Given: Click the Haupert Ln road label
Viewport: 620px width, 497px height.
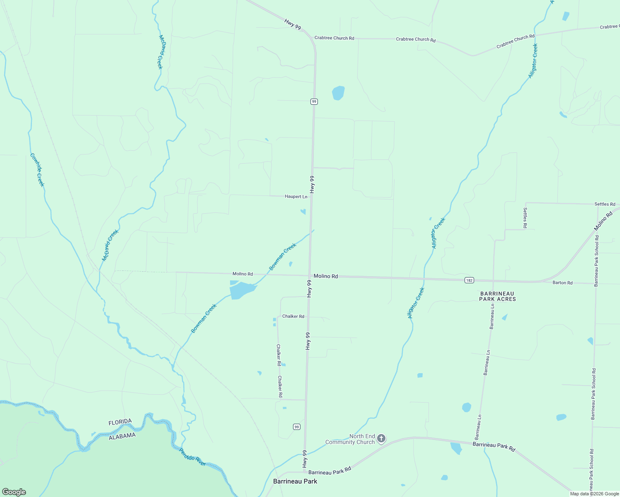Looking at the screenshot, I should pos(296,196).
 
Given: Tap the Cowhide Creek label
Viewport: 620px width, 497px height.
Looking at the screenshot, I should pos(37,170).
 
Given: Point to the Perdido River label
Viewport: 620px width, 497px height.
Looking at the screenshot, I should pos(192,457).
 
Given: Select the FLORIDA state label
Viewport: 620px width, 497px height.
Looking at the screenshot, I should pos(120,422).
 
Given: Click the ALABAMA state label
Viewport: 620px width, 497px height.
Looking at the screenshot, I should pos(122,436).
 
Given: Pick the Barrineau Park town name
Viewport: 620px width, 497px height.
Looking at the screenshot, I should pos(295,481).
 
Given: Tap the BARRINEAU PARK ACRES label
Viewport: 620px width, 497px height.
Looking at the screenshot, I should pos(497,296).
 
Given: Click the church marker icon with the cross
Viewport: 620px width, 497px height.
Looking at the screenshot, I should pos(381,438).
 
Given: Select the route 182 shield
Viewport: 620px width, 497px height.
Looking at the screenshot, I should pos(469,280).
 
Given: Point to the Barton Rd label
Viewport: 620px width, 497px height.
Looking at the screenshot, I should pos(562,283).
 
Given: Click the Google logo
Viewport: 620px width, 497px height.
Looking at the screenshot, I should pos(14,492).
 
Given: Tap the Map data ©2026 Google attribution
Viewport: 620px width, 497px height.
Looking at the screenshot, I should pos(594,494).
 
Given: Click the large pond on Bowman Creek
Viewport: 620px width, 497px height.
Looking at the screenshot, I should pos(242,290).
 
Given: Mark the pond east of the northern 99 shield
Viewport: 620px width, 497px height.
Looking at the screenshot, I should pos(338,93).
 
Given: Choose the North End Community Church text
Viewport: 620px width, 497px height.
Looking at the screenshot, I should pos(350,439).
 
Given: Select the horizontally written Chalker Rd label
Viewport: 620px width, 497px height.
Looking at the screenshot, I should pos(293,316).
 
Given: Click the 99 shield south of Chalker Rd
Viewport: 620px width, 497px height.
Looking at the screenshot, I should pos(296,427).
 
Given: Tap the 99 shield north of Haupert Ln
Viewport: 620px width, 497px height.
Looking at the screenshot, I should pos(314,101).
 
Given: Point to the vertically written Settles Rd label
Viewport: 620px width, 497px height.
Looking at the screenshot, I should pos(525,218).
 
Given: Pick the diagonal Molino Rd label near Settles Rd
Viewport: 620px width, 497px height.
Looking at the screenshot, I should pos(603,222).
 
